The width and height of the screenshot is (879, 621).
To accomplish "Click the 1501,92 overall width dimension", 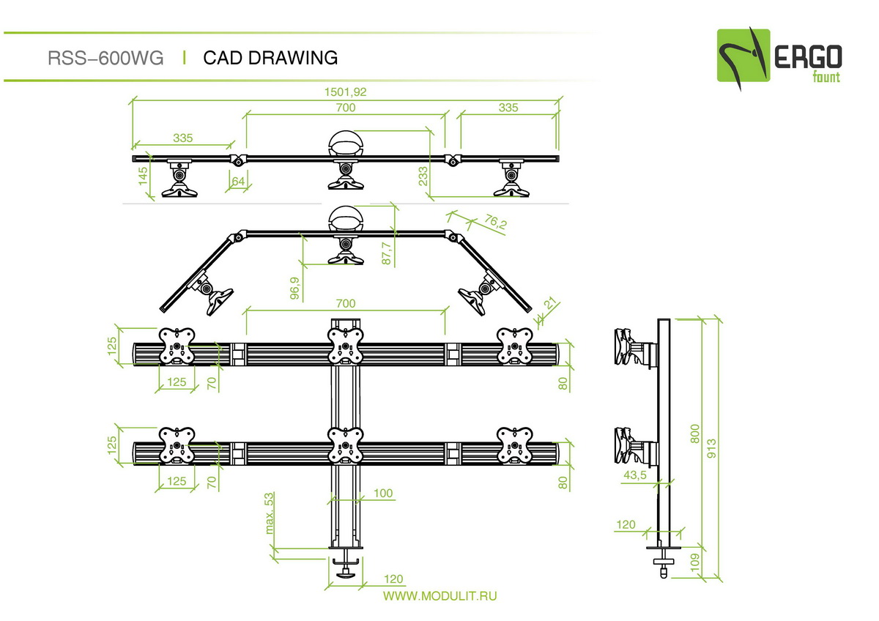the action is tap(345, 92).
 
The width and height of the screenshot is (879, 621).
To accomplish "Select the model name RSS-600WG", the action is tap(105, 58).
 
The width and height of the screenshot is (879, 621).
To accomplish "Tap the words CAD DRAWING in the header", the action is tap(270, 58).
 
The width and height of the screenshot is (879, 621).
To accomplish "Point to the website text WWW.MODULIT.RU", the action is tap(440, 596).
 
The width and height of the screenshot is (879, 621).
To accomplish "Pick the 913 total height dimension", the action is tap(711, 448).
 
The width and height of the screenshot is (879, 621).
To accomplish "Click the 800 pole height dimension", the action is tap(694, 434).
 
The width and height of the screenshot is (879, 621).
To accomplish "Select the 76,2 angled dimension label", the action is tap(495, 222).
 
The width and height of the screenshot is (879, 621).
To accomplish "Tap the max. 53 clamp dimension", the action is tap(269, 513).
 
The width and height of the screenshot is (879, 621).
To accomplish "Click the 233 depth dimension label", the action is tap(423, 176).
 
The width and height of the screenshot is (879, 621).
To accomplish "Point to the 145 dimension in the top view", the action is tap(143, 176).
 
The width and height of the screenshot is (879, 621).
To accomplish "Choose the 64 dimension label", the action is tap(238, 181).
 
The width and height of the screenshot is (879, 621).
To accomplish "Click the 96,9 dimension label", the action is tap(294, 288).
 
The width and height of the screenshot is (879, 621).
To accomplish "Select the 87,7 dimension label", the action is tap(386, 253).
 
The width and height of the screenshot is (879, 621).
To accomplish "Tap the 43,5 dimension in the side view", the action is tap(634, 475).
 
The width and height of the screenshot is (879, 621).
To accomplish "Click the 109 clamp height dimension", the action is tap(694, 562).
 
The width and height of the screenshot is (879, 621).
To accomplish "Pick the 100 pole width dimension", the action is tap(383, 493).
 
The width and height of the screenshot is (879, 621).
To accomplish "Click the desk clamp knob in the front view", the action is tap(346, 575).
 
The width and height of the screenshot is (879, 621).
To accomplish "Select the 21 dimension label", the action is tap(551, 303).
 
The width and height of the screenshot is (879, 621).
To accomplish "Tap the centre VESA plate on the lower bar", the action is tap(345, 446).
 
